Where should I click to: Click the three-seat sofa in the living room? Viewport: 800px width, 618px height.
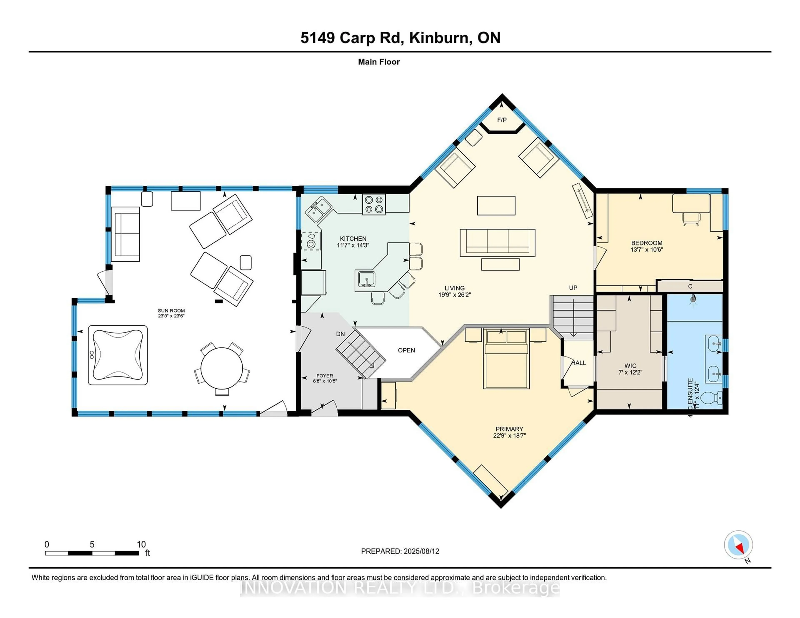pos(497,243)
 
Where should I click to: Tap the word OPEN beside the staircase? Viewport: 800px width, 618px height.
pos(406,350)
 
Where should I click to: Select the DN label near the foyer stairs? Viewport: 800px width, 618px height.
pos(340,334)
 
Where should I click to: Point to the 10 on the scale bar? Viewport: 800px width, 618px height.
pos(141,544)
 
